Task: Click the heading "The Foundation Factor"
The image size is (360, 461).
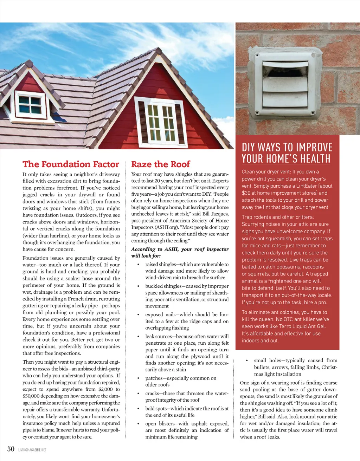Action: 71,164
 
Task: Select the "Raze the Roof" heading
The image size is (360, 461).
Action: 160,164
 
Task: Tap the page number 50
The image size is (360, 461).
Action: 11,449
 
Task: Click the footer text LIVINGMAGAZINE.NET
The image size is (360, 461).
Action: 32,450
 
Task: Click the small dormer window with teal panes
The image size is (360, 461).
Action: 30,104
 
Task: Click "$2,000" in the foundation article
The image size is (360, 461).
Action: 105,389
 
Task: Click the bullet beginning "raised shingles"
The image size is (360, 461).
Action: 187,271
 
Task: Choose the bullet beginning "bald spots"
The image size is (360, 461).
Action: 187,411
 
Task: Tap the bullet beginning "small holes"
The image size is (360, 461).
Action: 295,367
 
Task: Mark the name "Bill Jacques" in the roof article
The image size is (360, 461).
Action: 214,214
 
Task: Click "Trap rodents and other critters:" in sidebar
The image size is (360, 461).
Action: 278,217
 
